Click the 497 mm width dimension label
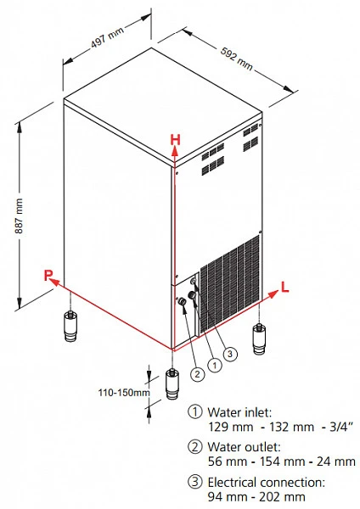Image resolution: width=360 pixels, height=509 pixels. tap(107, 37)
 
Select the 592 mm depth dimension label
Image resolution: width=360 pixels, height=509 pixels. tap(237, 59)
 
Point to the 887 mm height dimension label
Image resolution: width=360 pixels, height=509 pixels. tap(19, 215)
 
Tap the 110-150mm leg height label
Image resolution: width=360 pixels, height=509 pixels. tap(124, 393)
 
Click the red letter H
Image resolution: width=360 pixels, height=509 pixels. tap(175, 140)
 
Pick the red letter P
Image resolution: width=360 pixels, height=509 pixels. tap(48, 275)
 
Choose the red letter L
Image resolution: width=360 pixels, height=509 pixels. tap(284, 287)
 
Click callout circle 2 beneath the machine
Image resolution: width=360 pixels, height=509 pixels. tap(197, 374)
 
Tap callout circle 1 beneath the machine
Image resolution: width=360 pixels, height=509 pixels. tap(215, 365)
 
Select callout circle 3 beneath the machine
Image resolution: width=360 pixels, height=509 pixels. tap(230, 354)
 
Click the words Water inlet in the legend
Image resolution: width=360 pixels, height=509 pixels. tap(239, 412)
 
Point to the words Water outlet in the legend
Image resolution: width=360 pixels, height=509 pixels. tap(244, 447)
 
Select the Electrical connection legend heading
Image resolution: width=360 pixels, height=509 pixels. tap(266, 483)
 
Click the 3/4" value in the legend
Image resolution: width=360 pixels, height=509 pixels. tap(341, 427)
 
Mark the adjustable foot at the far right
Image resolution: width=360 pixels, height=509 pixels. tap(259, 339)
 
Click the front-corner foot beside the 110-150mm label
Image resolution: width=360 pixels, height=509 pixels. tap(172, 383)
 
